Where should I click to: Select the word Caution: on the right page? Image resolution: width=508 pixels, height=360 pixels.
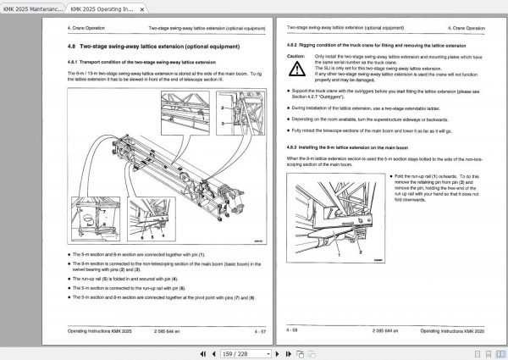[295, 54]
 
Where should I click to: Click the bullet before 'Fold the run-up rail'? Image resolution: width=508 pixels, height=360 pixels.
[390, 176]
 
